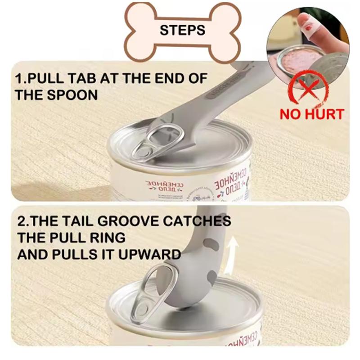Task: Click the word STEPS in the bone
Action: [x=182, y=30]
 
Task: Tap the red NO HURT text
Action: [x=311, y=113]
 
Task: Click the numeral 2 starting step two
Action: [x=20, y=221]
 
